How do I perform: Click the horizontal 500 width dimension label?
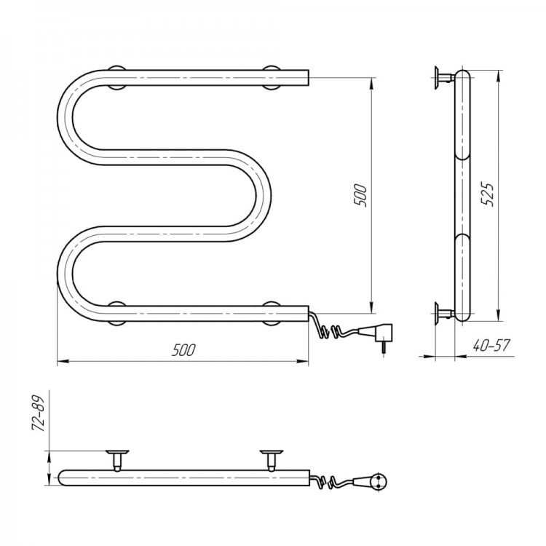(x=183, y=349)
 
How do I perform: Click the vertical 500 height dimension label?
(x=360, y=196)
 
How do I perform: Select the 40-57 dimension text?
(x=491, y=345)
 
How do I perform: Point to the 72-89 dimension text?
(x=39, y=414)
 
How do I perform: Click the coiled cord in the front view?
(x=331, y=328)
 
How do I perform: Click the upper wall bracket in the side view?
(x=444, y=77)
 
